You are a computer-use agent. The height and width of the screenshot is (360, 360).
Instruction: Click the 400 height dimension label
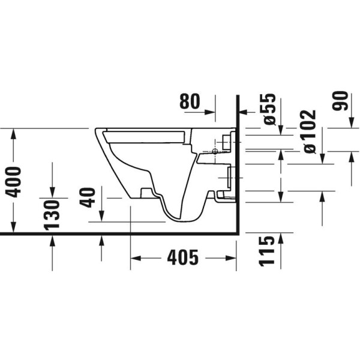(13, 181)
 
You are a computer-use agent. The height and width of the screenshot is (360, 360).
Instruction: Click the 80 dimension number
(191, 102)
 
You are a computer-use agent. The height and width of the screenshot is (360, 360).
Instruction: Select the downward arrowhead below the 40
(101, 217)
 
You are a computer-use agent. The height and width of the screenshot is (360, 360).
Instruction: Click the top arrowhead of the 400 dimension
(13, 133)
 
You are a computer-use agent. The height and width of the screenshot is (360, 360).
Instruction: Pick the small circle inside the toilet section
(214, 152)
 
